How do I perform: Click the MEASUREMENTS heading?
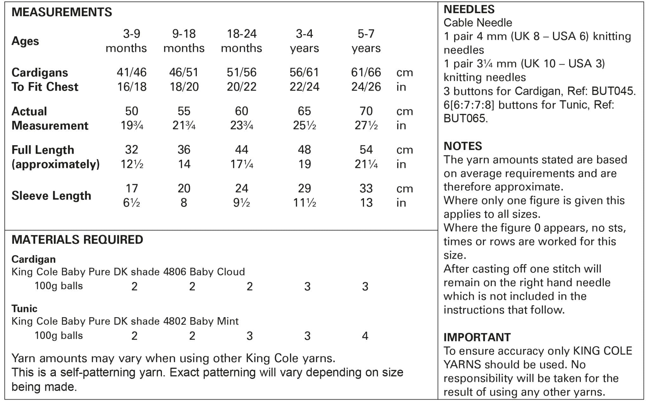61,12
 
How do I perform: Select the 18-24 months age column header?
241,41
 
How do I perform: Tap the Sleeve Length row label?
51,196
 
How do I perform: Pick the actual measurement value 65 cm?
304,111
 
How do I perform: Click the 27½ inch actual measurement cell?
366,125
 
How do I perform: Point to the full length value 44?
241,150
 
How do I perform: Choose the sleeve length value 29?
304,189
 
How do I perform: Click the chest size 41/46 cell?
132,72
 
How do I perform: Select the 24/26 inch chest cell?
366,87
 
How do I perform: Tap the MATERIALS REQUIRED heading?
77,240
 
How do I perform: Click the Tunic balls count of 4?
365,336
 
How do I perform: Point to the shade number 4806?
175,272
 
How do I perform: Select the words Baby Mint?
214,321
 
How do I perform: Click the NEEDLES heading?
469,9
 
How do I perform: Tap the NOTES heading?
463,146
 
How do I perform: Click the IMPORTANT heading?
477,337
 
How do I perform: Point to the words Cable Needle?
478,23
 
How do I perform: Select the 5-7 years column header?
366,41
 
